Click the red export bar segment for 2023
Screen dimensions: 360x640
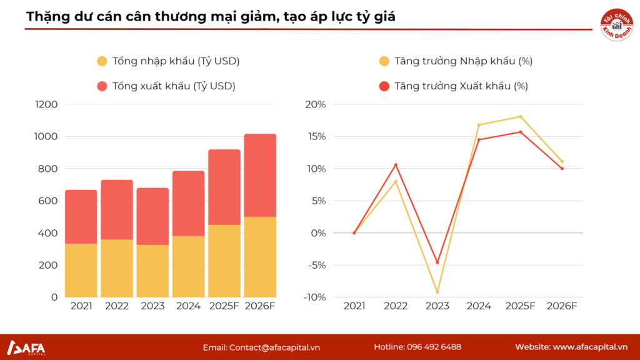point(152,216)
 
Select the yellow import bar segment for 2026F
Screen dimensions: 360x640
point(260,257)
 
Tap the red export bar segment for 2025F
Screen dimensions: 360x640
point(224,187)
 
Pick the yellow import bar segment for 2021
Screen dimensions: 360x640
point(81,270)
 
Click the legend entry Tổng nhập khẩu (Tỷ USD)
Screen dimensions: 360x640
point(168,61)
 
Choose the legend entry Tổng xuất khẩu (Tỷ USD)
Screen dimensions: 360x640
point(166,86)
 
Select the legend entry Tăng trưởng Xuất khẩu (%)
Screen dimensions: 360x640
point(453,86)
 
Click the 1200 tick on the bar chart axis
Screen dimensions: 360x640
point(46,104)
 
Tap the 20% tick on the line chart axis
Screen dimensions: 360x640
point(316,104)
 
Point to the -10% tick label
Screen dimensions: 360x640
point(314,297)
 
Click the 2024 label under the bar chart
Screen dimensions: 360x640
point(189,306)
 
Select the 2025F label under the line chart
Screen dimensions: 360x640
point(520,306)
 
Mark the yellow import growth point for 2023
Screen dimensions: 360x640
point(437,292)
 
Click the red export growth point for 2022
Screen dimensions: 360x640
point(396,165)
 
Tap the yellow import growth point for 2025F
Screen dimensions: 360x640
point(520,117)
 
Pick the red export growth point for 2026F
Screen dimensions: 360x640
point(562,169)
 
